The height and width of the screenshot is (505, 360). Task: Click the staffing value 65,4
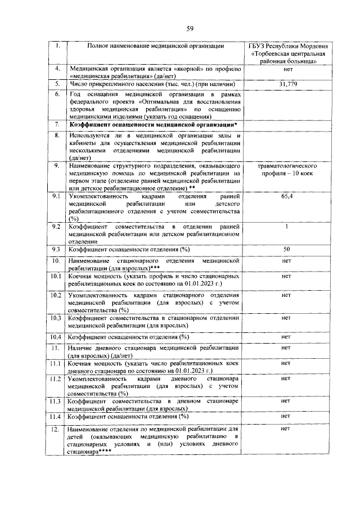click(287, 197)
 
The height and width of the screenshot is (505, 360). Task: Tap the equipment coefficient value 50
click(287, 249)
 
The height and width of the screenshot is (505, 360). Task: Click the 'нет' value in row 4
click(288, 69)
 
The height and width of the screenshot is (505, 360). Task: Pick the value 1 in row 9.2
click(287, 227)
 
